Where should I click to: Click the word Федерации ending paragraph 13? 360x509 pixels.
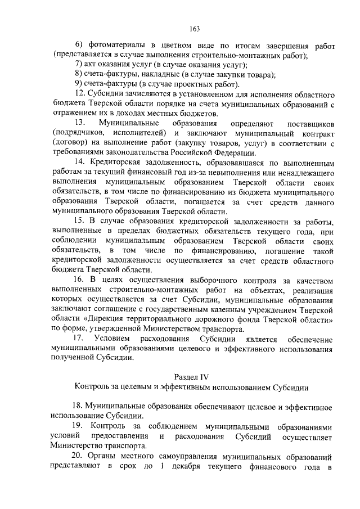223,152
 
